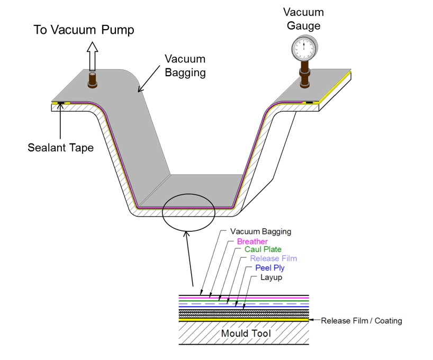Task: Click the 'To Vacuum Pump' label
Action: coord(85,30)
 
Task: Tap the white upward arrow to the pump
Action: coord(93,55)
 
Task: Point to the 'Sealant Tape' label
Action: coord(60,148)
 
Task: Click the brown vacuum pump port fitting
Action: coord(93,81)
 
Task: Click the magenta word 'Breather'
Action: coord(252,241)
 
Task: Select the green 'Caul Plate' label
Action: coord(263,249)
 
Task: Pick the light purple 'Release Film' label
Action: coord(273,258)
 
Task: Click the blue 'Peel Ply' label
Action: coord(270,268)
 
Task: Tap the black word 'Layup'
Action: coord(270,277)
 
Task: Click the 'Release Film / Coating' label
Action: coord(362,320)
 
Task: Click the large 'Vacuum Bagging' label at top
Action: coord(185,65)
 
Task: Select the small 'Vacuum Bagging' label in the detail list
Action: coord(261,232)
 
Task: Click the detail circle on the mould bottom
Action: coord(188,215)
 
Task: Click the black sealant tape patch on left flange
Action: coord(61,102)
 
